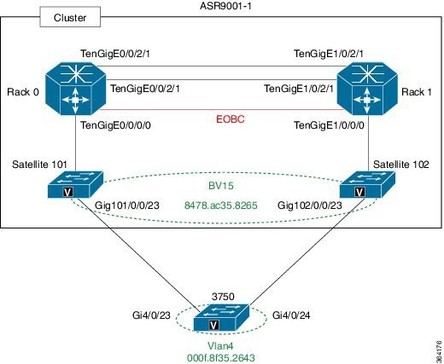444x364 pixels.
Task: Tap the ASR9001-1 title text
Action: click(x=221, y=6)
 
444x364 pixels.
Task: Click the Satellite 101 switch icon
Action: click(x=75, y=185)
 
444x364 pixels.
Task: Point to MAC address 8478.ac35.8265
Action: click(x=221, y=205)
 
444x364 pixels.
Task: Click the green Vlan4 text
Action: click(x=219, y=347)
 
